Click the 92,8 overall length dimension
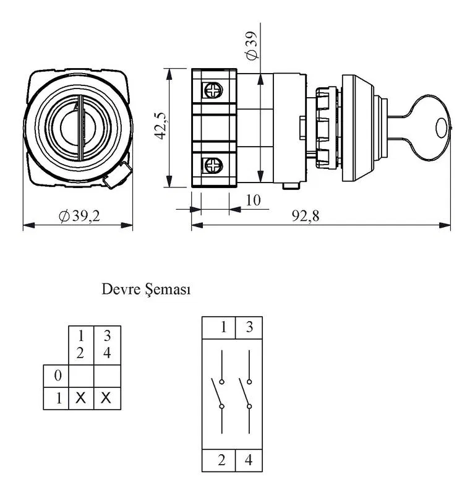click(305, 216)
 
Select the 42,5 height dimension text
click(160, 126)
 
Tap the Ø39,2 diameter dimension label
click(80, 216)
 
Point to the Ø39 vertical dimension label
click(252, 45)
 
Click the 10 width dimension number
click(253, 200)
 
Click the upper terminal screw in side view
click(213, 90)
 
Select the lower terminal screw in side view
click(213, 165)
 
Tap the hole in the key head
click(442, 128)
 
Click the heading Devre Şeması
click(146, 289)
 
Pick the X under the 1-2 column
click(81, 398)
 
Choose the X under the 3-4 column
click(106, 398)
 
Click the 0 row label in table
click(58, 376)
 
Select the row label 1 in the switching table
click(59, 398)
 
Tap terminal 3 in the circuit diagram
click(249, 327)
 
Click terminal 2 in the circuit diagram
click(221, 460)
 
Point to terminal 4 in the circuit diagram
click(249, 460)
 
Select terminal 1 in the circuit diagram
click(223, 327)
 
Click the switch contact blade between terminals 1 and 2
click(216, 392)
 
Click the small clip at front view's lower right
click(118, 176)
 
